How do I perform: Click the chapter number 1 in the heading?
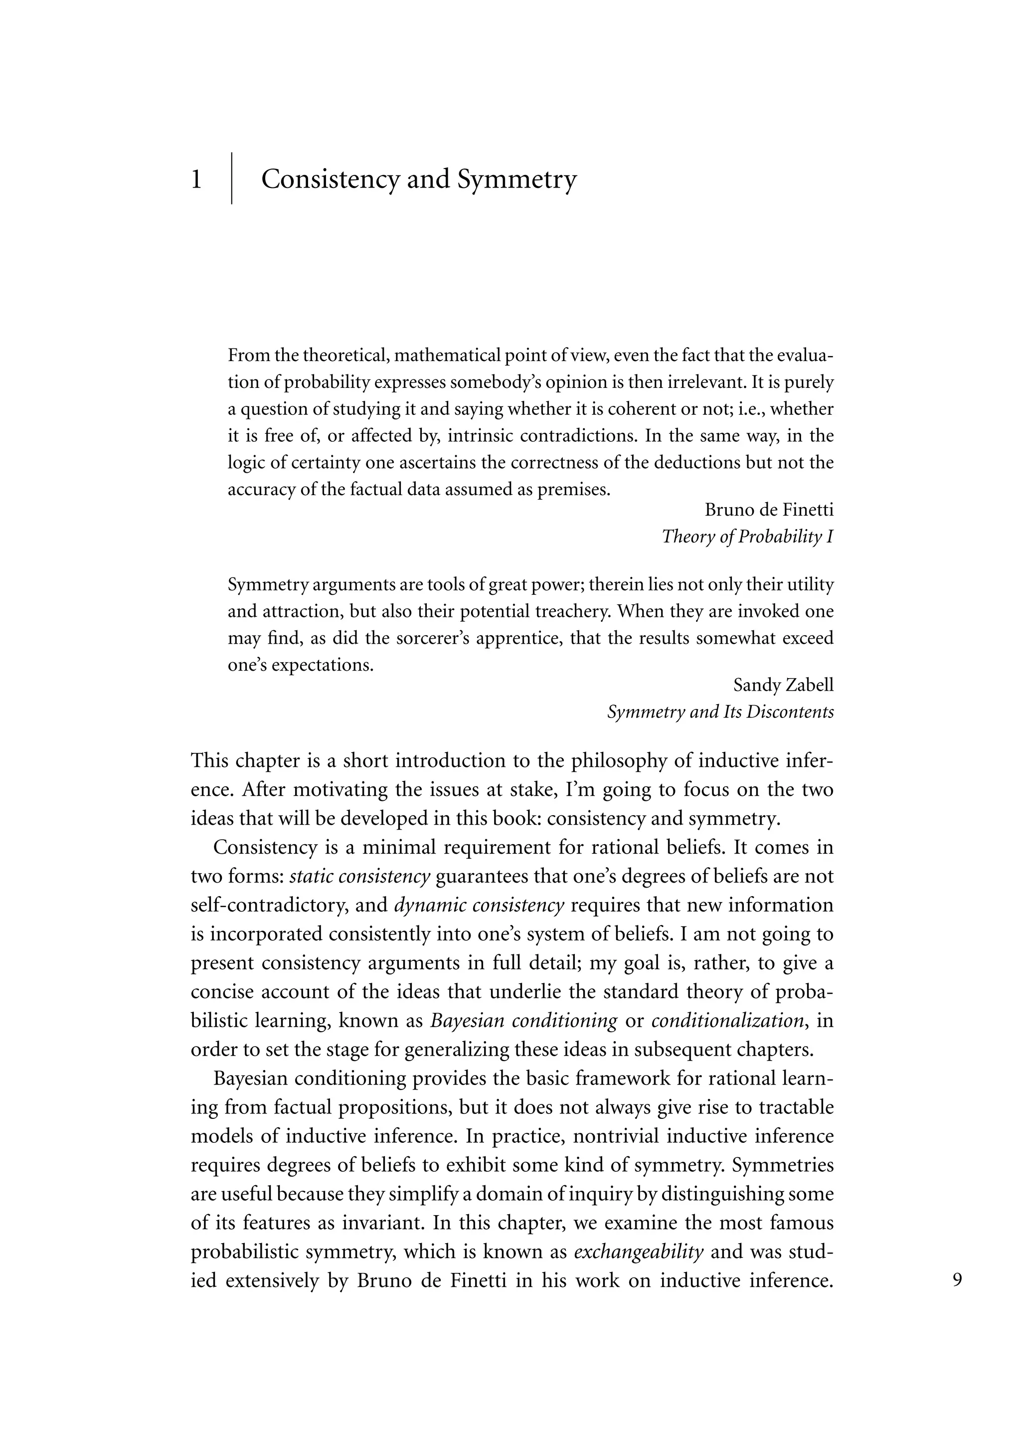click(196, 180)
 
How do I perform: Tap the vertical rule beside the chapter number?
click(231, 178)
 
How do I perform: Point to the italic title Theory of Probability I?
click(747, 537)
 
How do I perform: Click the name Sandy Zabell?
click(783, 685)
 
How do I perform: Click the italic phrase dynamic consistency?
click(479, 905)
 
